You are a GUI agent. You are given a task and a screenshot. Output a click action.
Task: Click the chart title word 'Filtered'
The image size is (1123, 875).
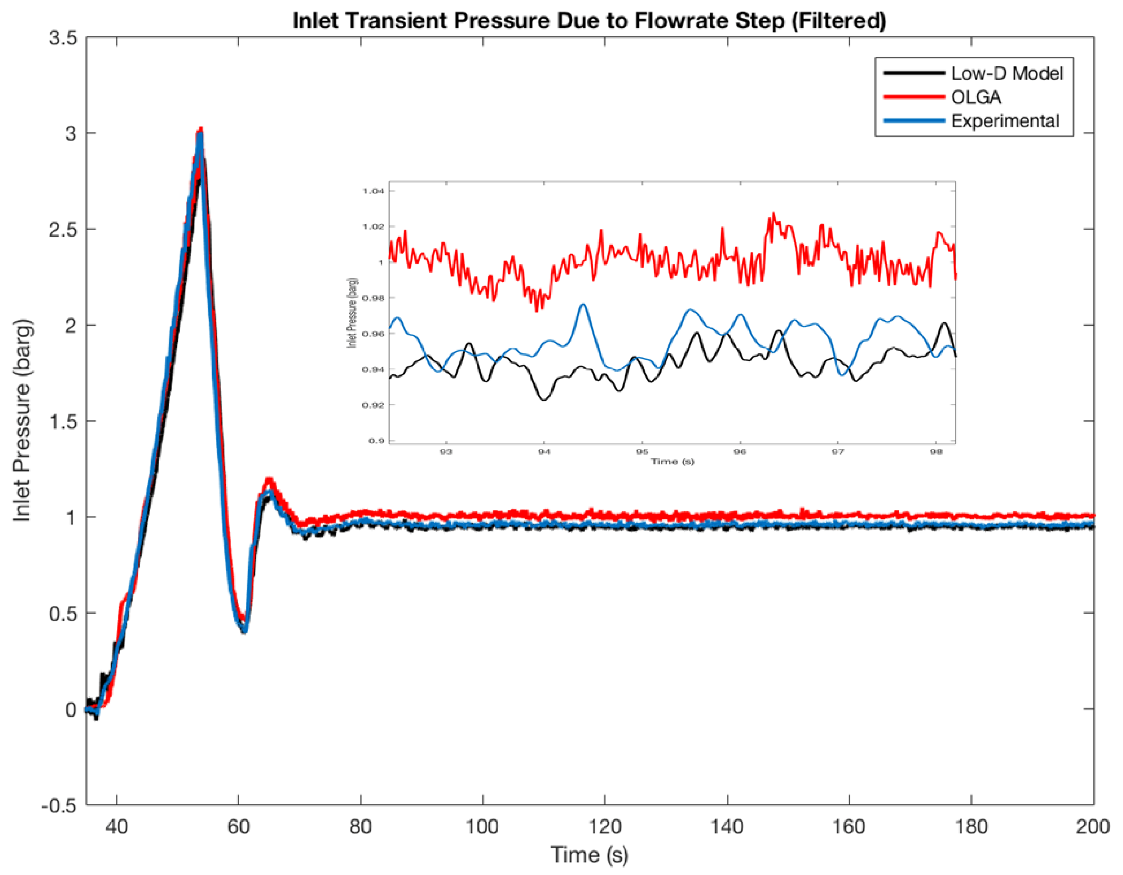tap(838, 21)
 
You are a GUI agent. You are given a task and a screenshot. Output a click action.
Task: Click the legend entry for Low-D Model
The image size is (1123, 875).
tap(1006, 74)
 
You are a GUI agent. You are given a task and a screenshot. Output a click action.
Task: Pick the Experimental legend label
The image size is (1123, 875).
tap(1004, 121)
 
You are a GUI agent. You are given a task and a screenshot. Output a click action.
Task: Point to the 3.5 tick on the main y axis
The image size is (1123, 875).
tap(63, 38)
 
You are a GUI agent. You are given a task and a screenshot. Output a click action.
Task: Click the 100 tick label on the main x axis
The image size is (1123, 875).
tap(482, 827)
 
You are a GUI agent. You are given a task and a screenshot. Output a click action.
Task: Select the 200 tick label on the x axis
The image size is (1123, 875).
tap(1092, 827)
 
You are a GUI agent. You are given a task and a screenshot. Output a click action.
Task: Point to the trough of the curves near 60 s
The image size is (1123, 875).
tap(244, 630)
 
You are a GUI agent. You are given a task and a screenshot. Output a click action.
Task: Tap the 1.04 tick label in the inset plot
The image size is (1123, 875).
tap(373, 191)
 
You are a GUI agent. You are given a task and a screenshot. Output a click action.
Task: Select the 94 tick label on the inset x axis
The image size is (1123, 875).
tap(544, 452)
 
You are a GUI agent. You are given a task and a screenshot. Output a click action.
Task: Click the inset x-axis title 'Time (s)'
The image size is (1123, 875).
tap(673, 462)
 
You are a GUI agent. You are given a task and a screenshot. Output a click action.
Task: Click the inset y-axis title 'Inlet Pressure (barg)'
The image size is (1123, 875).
tap(352, 314)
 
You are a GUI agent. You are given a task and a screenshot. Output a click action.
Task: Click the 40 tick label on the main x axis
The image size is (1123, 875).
tap(116, 827)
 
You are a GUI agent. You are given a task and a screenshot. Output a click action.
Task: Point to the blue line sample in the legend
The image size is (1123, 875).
tap(914, 121)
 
